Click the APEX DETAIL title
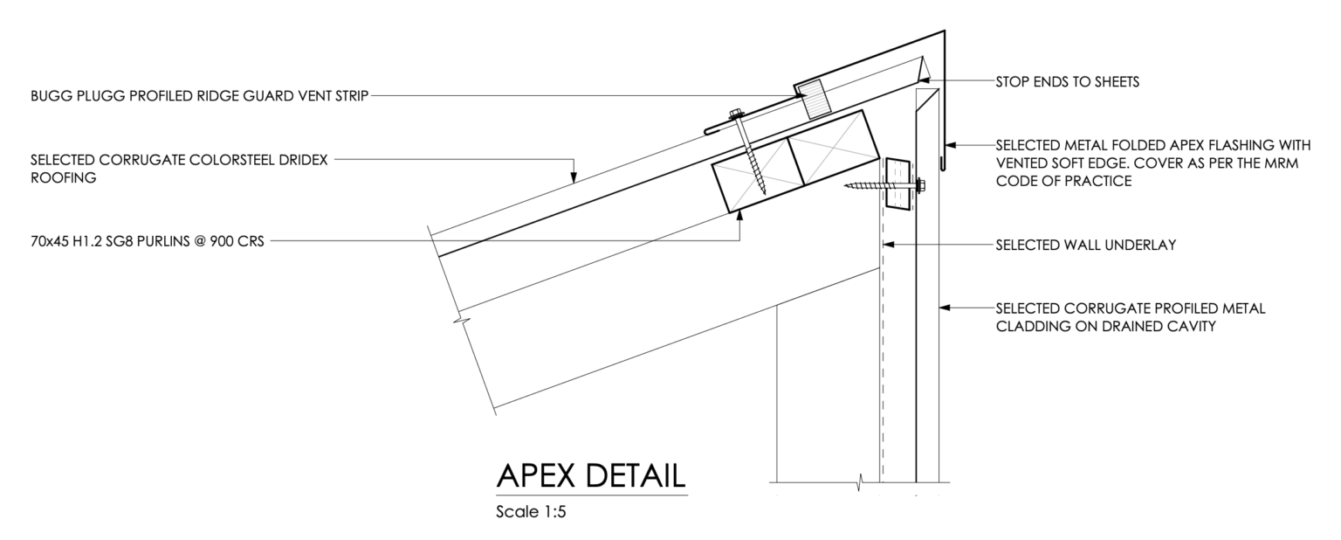tap(591, 476)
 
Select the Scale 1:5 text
tap(531, 512)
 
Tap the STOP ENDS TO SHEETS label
tap(1068, 82)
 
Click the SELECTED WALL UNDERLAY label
tap(1086, 245)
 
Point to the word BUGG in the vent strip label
tap(51, 96)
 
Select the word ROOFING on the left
tap(64, 178)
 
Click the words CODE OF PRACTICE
tap(1064, 181)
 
